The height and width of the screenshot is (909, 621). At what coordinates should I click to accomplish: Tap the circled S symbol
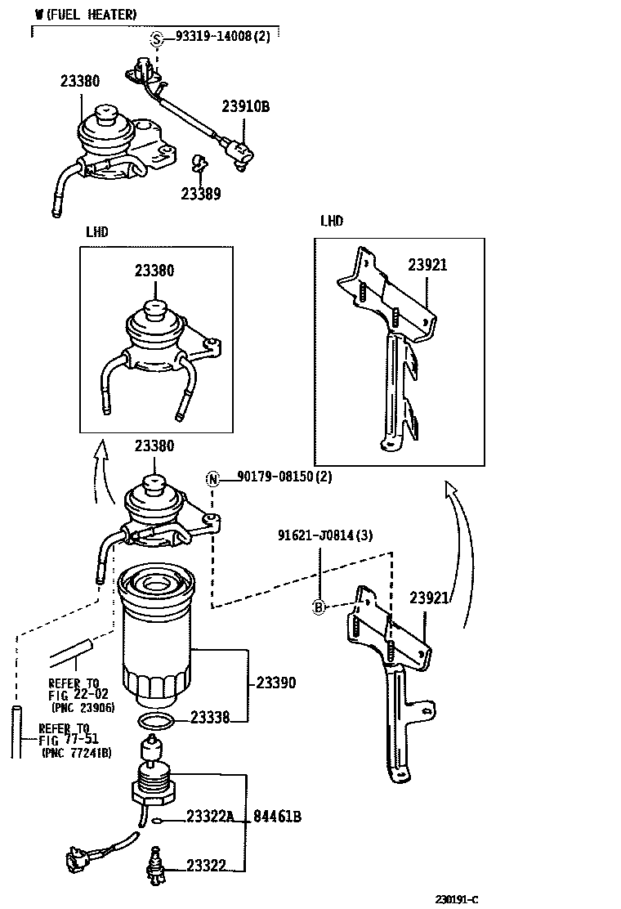157,38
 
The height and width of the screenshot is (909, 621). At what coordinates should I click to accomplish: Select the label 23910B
245,106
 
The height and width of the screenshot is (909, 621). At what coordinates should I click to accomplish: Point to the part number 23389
201,194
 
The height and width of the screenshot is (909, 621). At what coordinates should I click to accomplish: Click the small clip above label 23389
199,163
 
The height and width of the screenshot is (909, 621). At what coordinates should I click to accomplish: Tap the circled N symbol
212,478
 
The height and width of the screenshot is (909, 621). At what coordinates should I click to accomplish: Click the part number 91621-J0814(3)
324,535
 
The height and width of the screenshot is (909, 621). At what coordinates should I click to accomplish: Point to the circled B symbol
319,607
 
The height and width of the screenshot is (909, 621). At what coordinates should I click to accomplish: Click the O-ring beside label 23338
156,721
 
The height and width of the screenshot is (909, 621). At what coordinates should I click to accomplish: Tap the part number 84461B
277,816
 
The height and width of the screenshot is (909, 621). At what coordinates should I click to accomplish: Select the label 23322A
210,816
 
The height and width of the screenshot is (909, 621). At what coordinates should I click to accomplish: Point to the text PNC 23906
83,707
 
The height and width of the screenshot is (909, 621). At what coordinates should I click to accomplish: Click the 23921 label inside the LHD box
427,266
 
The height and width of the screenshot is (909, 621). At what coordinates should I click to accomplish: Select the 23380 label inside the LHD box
154,270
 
